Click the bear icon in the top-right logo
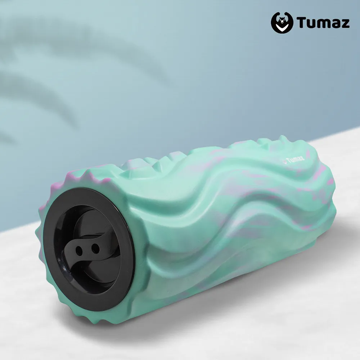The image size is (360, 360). click(x=282, y=23)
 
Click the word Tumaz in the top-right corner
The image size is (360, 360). click(x=323, y=23)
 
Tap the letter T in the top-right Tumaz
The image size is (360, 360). click(x=301, y=22)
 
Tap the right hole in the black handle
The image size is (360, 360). click(x=95, y=248)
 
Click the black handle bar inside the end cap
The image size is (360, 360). click(x=86, y=248)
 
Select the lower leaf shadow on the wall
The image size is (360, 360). click(x=36, y=90)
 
